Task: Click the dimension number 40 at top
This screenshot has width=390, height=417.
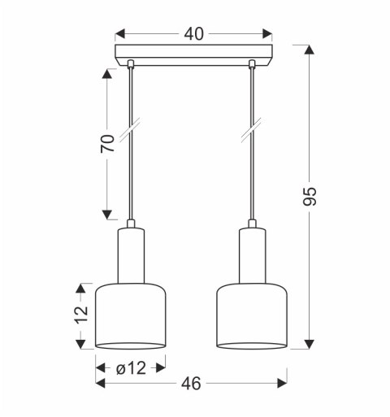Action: pos(193,34)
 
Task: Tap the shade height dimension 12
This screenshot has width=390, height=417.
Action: pos(80,316)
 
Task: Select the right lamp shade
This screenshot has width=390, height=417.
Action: pos(253,318)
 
